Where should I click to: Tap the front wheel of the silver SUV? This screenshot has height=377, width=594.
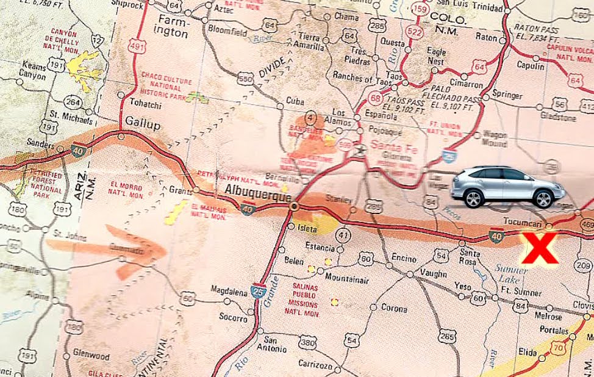540,198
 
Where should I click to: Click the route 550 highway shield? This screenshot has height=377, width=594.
246,79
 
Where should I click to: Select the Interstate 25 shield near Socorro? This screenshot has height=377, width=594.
259,291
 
